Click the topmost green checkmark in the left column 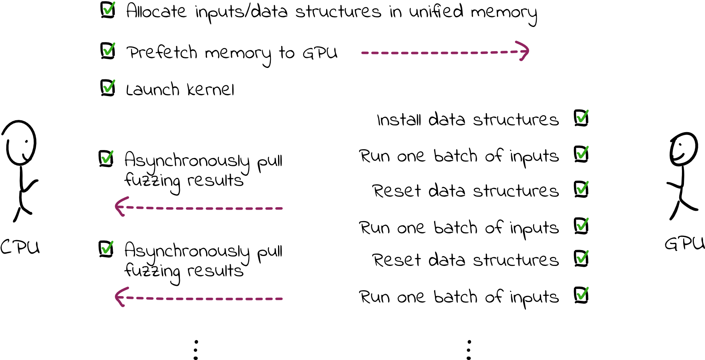point(109,8)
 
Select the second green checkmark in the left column point(109,49)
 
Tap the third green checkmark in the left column point(109,86)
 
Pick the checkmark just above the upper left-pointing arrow point(107,157)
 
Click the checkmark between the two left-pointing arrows point(107,247)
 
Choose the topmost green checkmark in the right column point(582,117)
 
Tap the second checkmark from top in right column point(582,152)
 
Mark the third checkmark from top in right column point(582,187)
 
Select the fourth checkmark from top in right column point(582,224)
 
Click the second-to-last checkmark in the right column point(582,257)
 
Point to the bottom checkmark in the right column point(582,294)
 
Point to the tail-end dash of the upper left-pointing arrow point(278,208)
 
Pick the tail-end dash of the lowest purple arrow point(278,299)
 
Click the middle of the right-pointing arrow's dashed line point(445,53)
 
